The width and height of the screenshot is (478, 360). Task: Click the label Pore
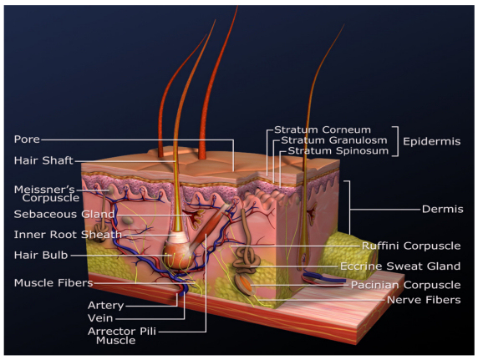[x=27, y=139]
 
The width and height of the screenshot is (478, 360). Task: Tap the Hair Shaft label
[x=43, y=160]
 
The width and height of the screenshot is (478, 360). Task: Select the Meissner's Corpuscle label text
[x=47, y=194]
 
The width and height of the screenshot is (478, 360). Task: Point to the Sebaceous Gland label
[x=64, y=214]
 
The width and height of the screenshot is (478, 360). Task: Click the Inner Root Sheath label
[x=68, y=235]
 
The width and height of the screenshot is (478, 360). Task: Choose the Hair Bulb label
[x=41, y=255]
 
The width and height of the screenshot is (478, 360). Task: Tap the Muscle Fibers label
[x=53, y=283]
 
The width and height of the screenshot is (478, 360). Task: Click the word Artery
[x=106, y=305]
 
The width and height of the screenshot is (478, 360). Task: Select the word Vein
[x=100, y=318]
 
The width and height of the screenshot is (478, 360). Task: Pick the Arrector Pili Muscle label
[x=122, y=336]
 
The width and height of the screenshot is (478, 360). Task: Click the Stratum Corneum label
[x=323, y=129]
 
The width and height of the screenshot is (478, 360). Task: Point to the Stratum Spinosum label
[x=338, y=150]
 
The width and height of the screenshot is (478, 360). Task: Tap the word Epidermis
[x=432, y=141]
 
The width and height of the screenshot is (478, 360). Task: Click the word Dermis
[x=443, y=209]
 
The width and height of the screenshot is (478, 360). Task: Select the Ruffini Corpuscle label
[x=411, y=246]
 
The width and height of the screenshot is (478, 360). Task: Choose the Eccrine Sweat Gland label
[x=400, y=266]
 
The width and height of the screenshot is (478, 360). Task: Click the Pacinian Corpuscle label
[x=405, y=285]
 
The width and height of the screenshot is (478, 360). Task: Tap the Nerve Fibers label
[x=424, y=300]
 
